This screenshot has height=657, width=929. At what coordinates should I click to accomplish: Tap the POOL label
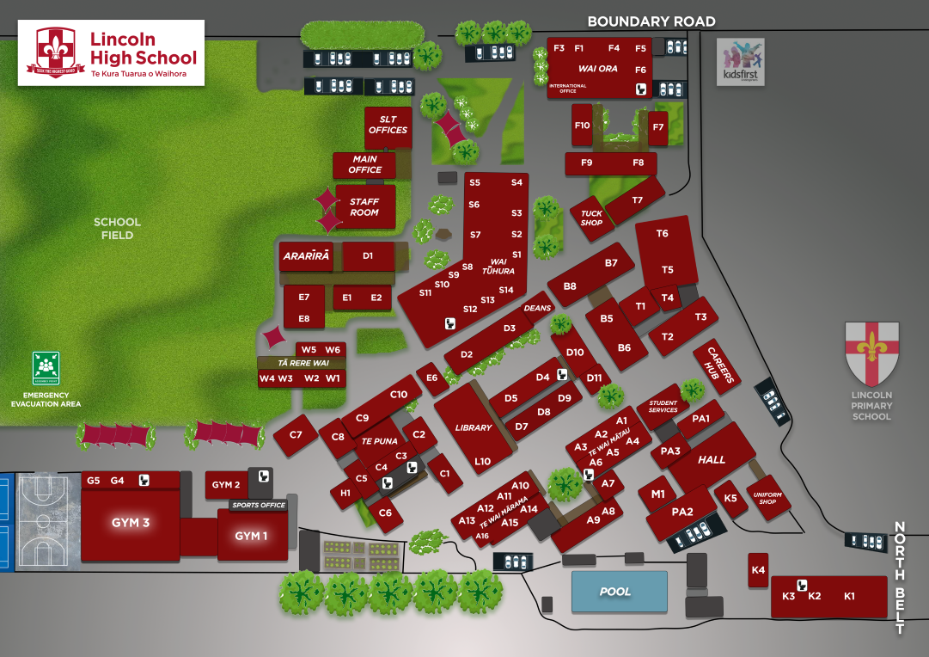615,592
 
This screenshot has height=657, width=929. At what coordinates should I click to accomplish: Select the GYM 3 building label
131,523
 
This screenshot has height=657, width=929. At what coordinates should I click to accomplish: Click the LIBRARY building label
474,427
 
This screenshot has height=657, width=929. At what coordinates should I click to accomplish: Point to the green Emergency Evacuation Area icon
46,368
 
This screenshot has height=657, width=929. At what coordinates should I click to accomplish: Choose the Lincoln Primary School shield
872,353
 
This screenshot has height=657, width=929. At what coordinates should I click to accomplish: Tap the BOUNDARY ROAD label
651,21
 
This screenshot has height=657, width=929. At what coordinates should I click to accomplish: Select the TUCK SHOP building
591,218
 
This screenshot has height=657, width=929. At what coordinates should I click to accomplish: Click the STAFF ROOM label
364,207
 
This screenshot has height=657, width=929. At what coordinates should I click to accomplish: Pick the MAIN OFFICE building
365,165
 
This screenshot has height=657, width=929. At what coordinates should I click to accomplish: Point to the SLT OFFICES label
388,125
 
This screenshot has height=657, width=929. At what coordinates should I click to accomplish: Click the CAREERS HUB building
717,365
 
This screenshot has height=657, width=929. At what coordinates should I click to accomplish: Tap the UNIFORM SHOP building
767,497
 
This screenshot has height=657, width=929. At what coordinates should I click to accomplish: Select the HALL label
712,460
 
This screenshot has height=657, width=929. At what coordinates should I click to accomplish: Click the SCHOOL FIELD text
117,228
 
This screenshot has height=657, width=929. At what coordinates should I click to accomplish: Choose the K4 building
758,570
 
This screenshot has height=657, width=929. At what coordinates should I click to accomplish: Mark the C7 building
296,435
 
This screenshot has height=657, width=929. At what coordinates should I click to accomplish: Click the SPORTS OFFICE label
259,506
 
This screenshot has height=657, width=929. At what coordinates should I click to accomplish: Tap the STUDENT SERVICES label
663,406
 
